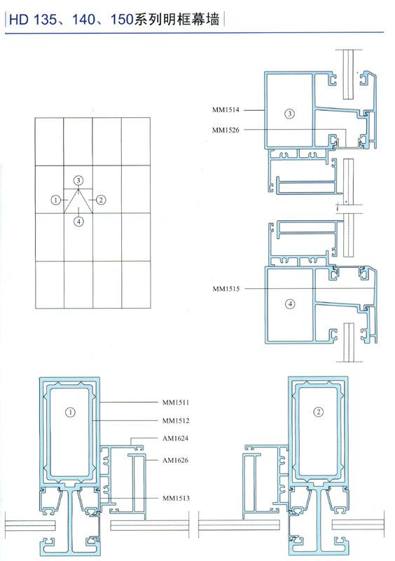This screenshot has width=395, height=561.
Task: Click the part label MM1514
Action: coord(226,110)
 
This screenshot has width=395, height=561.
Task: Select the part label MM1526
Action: coord(226,130)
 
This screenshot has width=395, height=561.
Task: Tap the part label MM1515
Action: coord(226,288)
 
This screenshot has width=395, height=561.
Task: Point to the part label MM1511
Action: coord(176,403)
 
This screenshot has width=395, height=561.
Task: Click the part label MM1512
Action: coord(176,421)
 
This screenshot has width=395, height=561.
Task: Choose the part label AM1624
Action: coord(175,438)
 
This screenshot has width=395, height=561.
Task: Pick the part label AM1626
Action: coord(175,460)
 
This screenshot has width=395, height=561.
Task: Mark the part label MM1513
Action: coord(176,498)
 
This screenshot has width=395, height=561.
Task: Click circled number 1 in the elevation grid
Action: coord(55,200)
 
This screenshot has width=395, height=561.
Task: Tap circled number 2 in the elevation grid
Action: coord(101,200)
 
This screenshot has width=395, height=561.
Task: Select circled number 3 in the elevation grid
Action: coord(78,180)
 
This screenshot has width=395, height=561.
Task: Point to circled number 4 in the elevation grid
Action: coord(78,222)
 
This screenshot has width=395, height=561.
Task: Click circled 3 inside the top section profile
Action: coord(289,114)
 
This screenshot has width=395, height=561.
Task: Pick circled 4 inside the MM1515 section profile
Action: coord(290,304)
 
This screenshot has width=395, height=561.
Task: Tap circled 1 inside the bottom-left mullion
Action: coord(71,412)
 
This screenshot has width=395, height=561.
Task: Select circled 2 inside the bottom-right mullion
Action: coord(318,412)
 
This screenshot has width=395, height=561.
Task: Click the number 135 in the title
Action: coord(46,20)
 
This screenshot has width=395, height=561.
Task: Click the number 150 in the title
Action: coord(122,20)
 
